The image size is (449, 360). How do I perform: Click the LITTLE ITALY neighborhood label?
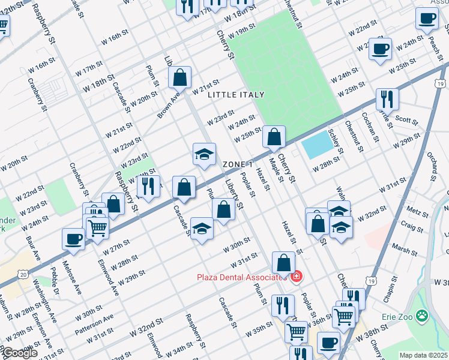236,95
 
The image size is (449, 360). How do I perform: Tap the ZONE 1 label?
238,164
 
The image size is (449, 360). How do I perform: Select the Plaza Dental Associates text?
241,277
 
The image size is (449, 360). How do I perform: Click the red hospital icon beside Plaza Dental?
296,277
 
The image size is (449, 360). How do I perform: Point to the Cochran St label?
368,126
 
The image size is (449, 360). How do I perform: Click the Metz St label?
414,211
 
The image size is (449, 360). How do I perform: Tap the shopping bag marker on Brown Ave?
179,77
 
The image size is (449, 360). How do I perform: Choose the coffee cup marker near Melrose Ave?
73,239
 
